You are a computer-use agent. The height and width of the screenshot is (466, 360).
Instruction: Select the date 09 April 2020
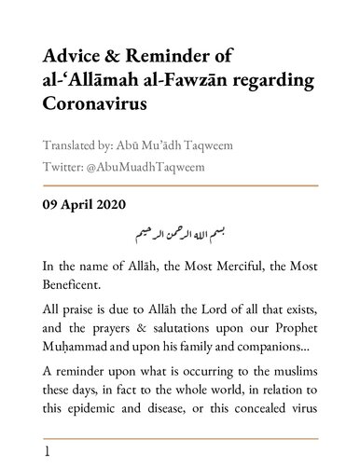(86, 205)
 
